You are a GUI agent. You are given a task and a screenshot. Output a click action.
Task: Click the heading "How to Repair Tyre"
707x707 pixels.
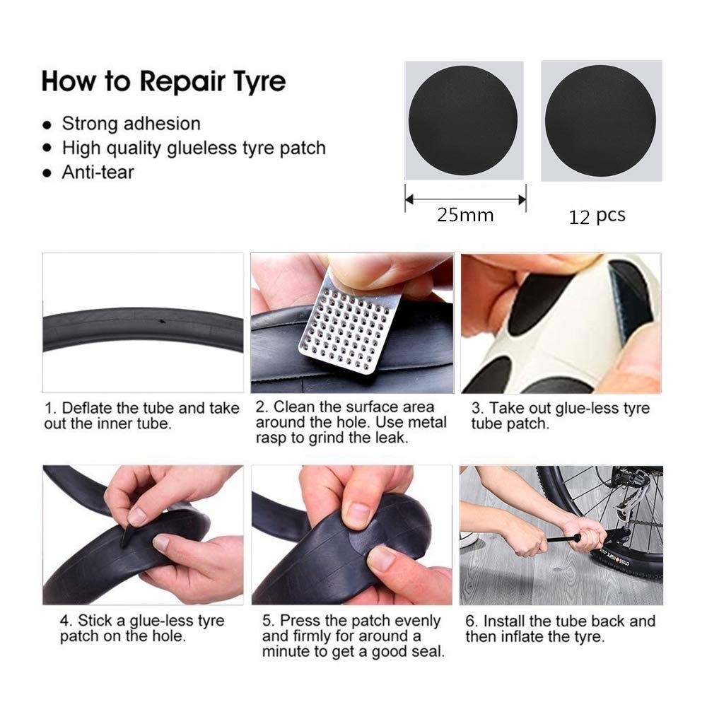coord(164,81)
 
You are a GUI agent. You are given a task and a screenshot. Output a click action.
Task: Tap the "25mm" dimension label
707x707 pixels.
coord(465,215)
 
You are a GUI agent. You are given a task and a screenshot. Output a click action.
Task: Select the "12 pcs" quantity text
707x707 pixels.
coord(597,216)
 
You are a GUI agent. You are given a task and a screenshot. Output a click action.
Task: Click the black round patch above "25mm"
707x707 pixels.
coord(463,120)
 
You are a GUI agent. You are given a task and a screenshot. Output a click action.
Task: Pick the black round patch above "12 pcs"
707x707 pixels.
coord(600,120)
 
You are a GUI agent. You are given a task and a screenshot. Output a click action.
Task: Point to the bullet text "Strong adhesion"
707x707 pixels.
coord(132,124)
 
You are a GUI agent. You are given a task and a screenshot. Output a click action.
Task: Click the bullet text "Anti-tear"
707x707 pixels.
coord(98,173)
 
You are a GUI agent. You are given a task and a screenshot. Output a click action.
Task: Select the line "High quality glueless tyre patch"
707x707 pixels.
coord(194,148)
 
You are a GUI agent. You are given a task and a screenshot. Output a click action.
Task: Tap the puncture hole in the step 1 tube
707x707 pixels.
coord(162,322)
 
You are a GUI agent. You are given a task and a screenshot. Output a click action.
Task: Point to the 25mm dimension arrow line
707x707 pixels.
coord(465,199)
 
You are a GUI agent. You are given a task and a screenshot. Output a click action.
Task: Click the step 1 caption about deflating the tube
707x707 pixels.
coord(141,416)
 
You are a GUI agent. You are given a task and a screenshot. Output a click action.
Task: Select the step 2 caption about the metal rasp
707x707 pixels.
coord(351,422)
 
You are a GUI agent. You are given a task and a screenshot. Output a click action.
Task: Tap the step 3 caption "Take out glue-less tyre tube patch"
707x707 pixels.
coord(561,416)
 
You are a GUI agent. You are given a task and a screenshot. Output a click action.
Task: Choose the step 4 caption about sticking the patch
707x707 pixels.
coord(142,628)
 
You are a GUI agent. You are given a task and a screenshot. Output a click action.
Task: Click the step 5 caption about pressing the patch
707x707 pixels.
coord(353,636)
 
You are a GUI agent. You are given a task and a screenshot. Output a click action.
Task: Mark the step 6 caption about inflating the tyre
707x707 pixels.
coord(560,629)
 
